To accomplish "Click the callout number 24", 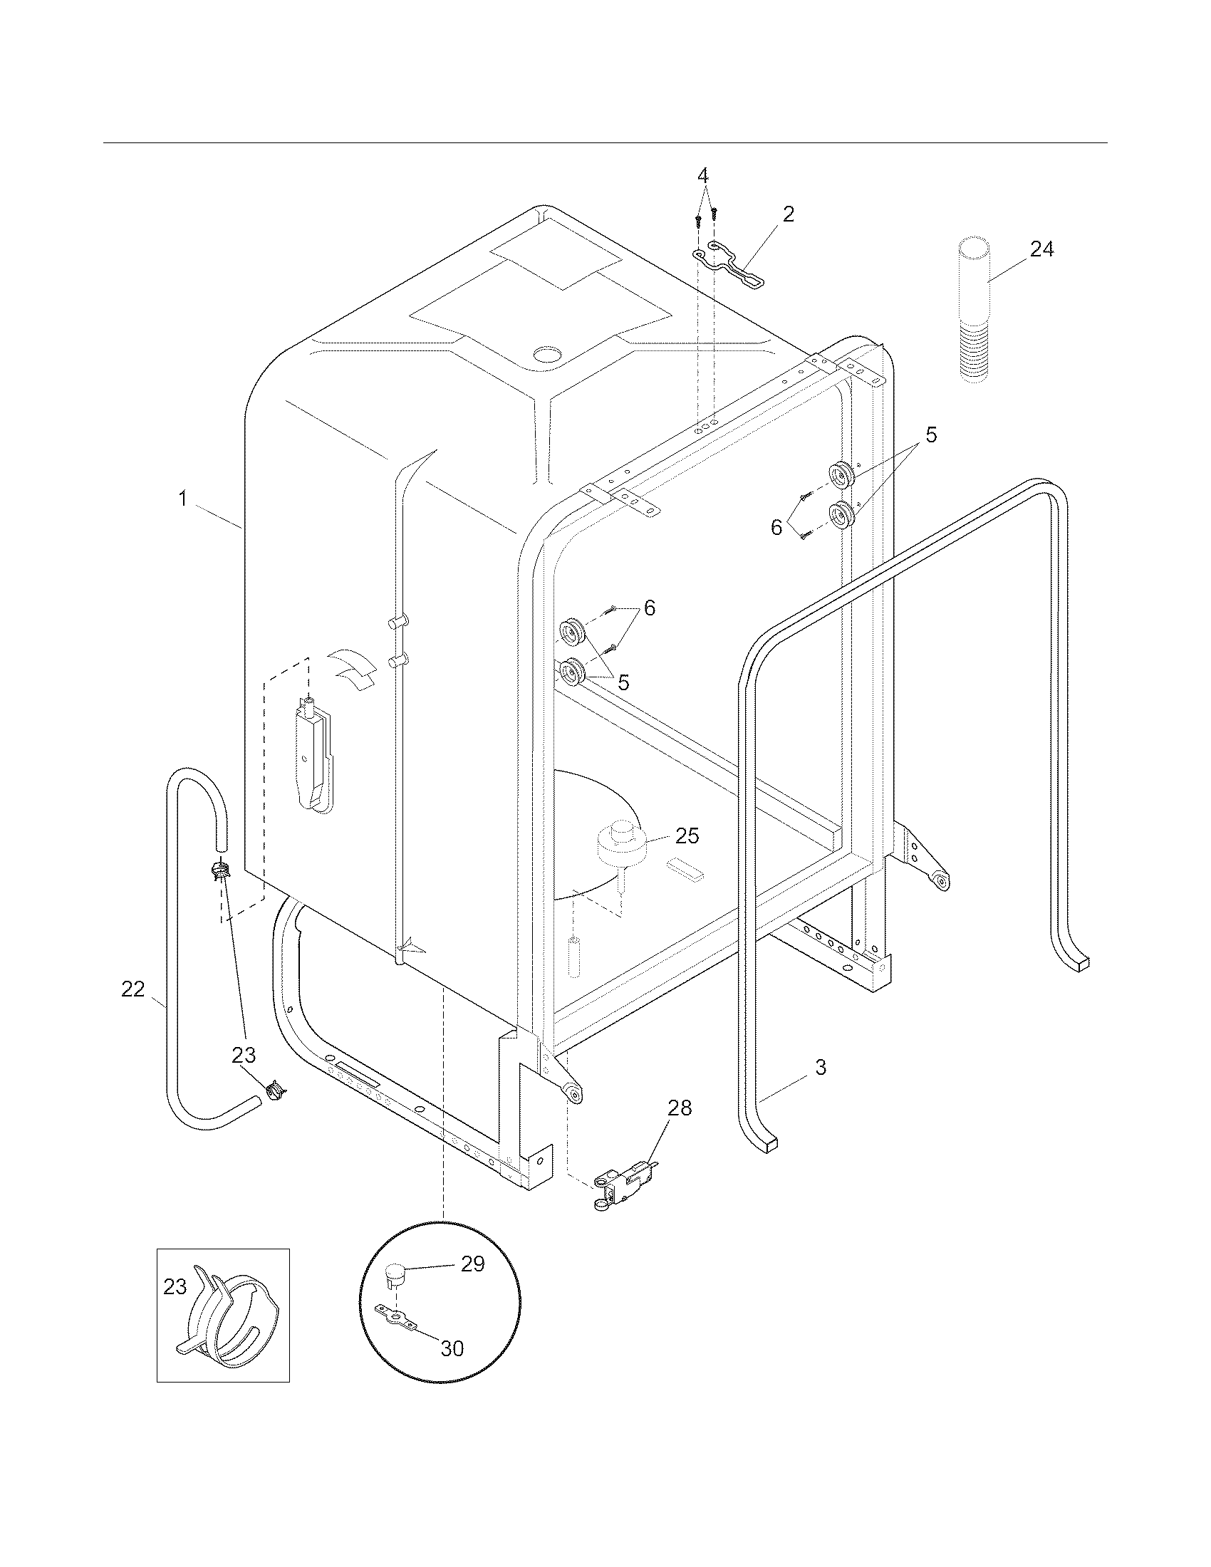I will pos(1041,250).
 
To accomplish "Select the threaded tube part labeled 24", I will pos(974,308).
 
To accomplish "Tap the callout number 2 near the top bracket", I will pos(789,214).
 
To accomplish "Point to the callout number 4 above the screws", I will pos(703,175).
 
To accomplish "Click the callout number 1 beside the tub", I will pos(183,498).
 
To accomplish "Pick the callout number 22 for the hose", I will pos(132,989).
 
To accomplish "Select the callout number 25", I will pos(687,836).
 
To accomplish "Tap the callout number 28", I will pos(680,1108).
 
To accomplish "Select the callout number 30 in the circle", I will pos(452,1348).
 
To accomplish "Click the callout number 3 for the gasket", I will pos(821,1067).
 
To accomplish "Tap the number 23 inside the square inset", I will pos(175,1287).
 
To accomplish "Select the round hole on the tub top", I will pos(550,354).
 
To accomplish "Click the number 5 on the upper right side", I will pos(930,434).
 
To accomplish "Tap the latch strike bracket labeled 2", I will pos(728,264).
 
